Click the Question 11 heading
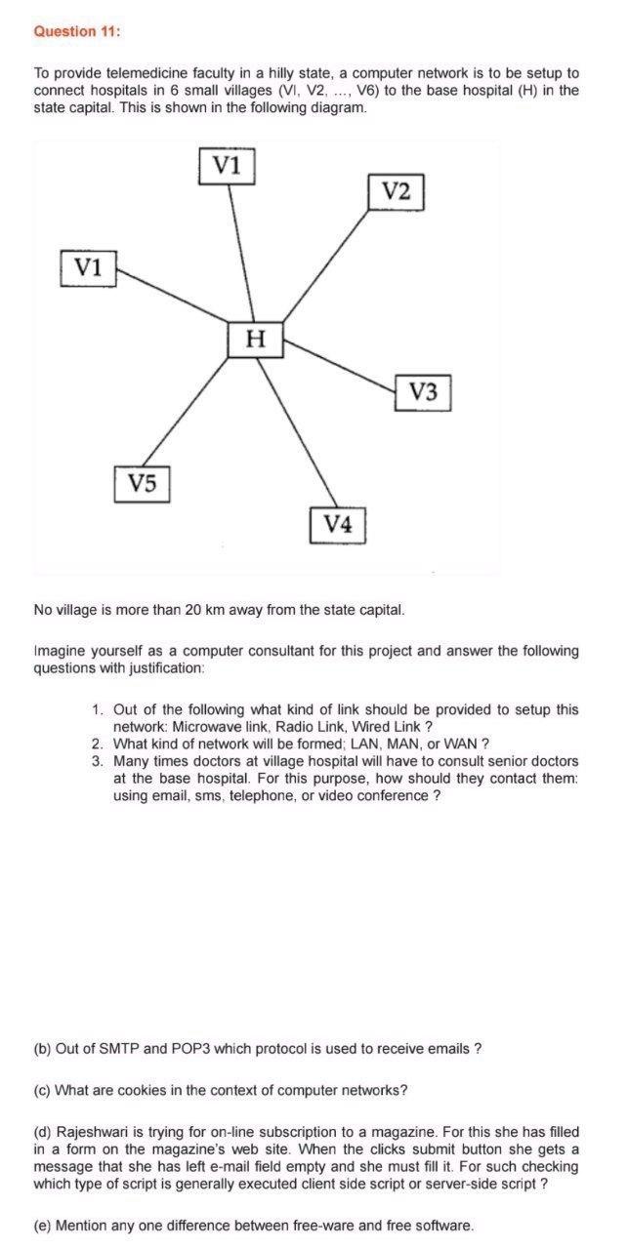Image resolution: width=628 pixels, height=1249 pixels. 77,31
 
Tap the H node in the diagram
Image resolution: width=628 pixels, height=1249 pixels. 256,340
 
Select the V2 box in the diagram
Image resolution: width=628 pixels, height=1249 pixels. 396,190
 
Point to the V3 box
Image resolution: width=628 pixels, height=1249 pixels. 424,392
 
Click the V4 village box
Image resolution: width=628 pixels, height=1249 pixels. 337,524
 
